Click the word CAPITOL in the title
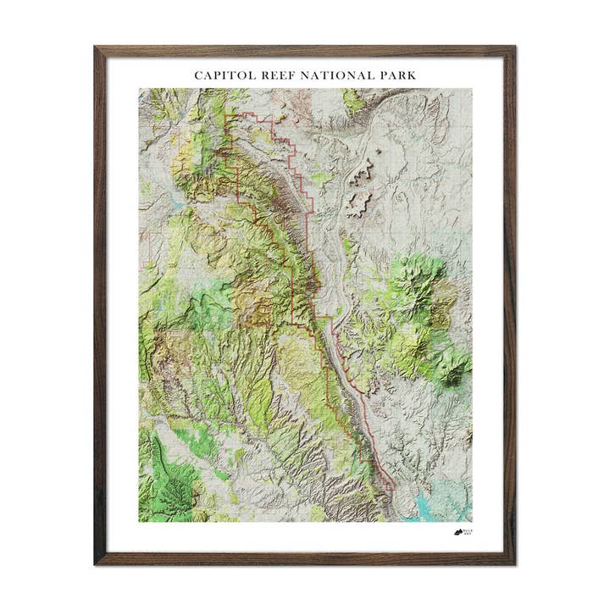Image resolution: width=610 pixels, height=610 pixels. tap(222, 75)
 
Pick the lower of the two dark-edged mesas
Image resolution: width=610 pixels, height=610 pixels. tap(358, 202)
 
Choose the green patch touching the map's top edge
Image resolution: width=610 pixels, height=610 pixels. tap(354, 99)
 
